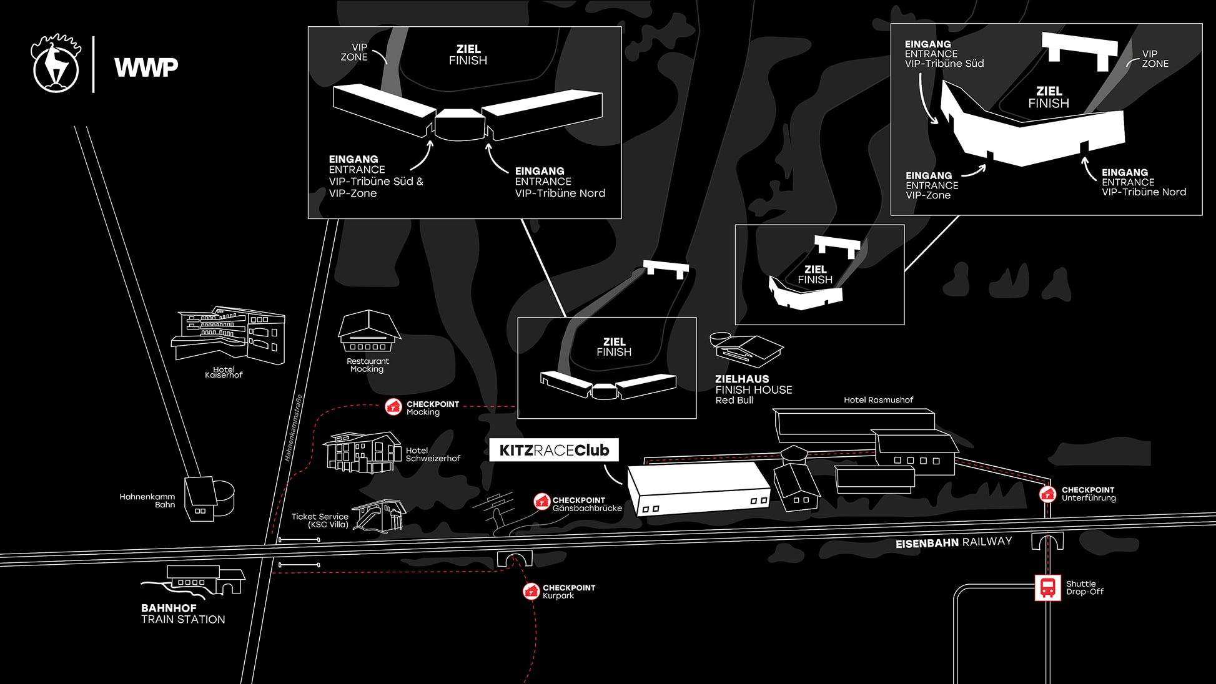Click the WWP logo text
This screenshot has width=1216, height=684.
pyautogui.click(x=146, y=67)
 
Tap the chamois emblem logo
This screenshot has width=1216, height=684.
pyautogui.click(x=56, y=65)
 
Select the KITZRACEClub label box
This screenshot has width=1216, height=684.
pyautogui.click(x=554, y=450)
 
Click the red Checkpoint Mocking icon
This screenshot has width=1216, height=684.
pyautogui.click(x=393, y=407)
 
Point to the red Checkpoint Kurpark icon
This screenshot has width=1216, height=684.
pyautogui.click(x=531, y=590)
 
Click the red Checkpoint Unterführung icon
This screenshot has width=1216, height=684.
pyautogui.click(x=1047, y=494)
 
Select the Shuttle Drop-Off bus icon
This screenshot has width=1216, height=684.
pyautogui.click(x=1047, y=587)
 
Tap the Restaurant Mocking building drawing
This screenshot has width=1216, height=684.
pyautogui.click(x=368, y=331)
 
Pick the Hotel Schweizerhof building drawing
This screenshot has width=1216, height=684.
pyautogui.click(x=362, y=452)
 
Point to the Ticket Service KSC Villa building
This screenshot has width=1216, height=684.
pyautogui.click(x=379, y=515)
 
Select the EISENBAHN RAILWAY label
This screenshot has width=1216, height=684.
pyautogui.click(x=953, y=542)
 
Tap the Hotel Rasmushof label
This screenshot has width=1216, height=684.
pyautogui.click(x=878, y=400)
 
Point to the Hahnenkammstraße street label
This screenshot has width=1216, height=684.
pyautogui.click(x=294, y=428)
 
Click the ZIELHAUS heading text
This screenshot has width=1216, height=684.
pyautogui.click(x=742, y=379)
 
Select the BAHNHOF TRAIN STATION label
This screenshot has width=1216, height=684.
pyautogui.click(x=182, y=613)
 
